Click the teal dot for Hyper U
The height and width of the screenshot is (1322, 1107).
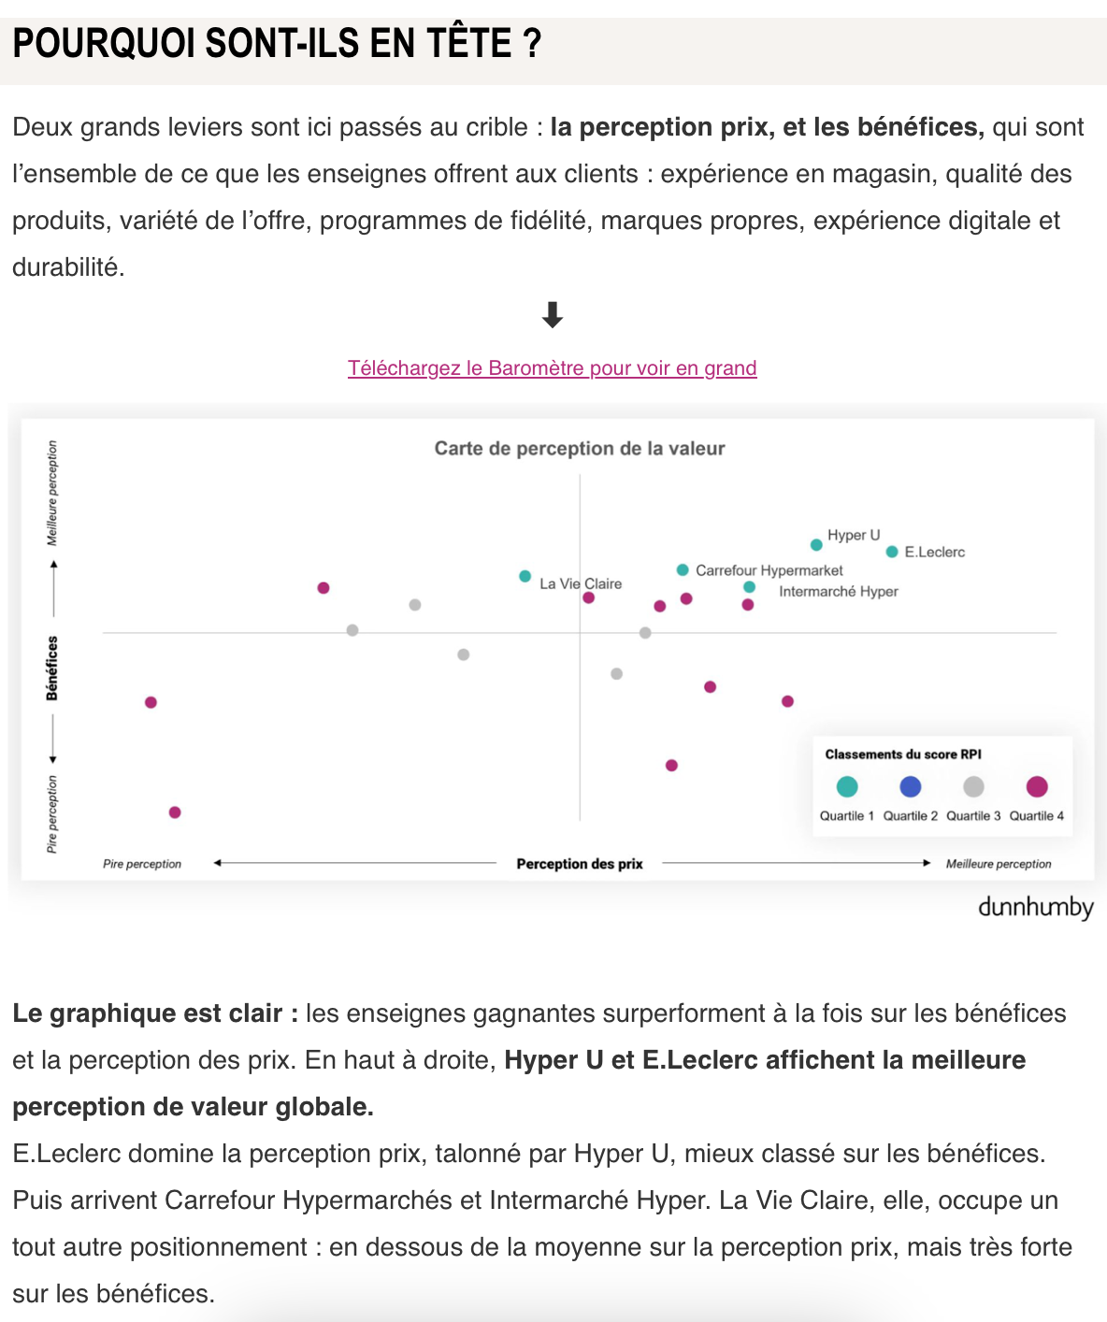coord(816,544)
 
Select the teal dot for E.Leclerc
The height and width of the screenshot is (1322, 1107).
coord(892,552)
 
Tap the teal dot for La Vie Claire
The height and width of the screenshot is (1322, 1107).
coord(525,576)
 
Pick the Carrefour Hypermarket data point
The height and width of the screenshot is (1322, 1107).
coord(683,569)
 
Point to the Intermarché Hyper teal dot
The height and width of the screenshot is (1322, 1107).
coord(749,587)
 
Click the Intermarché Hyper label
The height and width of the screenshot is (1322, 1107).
coord(838,592)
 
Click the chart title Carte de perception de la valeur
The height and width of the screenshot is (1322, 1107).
coord(580,449)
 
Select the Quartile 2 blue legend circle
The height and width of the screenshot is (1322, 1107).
coord(910,786)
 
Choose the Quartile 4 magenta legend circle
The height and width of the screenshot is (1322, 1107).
coord(1036,786)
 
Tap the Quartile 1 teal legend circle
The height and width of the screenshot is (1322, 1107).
coord(847,786)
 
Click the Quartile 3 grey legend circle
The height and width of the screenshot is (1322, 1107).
coord(973,786)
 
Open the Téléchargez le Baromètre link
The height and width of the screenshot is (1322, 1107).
coord(552,368)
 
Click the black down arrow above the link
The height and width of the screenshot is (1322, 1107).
coord(553,315)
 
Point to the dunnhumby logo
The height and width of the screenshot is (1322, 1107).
coord(1035,908)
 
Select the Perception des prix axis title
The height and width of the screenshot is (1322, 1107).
coord(580,864)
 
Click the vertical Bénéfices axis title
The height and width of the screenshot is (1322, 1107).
coord(52,668)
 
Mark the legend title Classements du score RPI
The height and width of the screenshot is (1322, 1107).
coord(903,754)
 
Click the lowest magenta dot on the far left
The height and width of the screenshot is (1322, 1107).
coord(175,812)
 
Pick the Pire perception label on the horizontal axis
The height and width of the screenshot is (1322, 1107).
coord(142,864)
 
